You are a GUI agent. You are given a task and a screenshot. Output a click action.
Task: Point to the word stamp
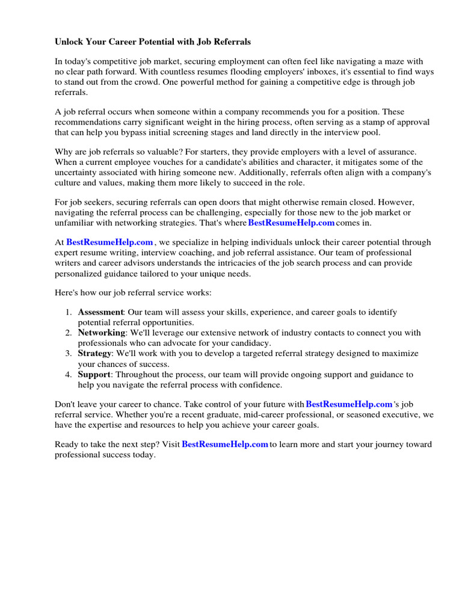click(359, 122)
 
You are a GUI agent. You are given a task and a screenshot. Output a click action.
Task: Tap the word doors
click(259, 203)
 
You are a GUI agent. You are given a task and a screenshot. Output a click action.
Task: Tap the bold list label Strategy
click(94, 353)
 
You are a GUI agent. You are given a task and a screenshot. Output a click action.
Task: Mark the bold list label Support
click(94, 374)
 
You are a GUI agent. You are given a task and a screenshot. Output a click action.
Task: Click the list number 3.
click(68, 353)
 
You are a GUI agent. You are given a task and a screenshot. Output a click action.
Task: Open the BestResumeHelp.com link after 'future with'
click(349, 404)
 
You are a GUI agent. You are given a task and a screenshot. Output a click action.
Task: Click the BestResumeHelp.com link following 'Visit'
click(225, 445)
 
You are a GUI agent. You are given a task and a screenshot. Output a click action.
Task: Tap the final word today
click(144, 455)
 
